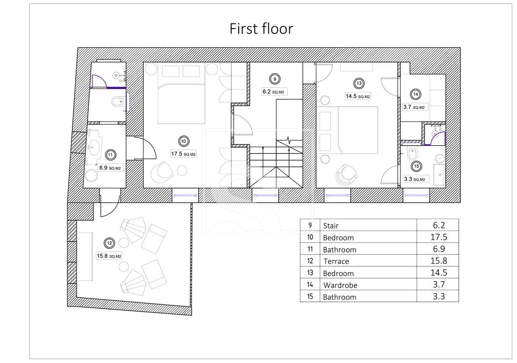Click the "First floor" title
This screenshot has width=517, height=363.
click(261, 29)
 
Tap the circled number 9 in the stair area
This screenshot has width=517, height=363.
click(274, 79)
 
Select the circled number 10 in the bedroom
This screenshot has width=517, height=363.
click(183, 141)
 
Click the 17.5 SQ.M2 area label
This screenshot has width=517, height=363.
click(183, 154)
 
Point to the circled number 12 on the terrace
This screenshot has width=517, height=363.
click(110, 243)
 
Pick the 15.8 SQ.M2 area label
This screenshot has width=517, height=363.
click(109, 256)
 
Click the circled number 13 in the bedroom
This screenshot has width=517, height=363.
click(359, 83)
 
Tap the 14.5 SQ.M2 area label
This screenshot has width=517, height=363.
click(358, 96)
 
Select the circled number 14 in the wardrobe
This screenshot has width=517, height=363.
click(416, 94)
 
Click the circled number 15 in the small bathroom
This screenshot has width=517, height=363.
click(416, 166)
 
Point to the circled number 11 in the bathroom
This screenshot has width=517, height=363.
click(110, 155)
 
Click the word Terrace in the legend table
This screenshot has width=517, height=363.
click(336, 262)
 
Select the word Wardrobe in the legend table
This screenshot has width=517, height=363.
click(340, 285)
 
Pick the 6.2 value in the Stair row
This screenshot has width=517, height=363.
click(439, 225)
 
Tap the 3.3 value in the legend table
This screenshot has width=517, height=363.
click(439, 296)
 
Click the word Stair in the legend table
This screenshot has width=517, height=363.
click(331, 226)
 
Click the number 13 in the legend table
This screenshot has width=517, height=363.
click(310, 273)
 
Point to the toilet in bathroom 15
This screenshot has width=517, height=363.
click(412, 154)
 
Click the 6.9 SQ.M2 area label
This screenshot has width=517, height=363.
click(110, 168)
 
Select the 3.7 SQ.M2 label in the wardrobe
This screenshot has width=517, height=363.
click(414, 107)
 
